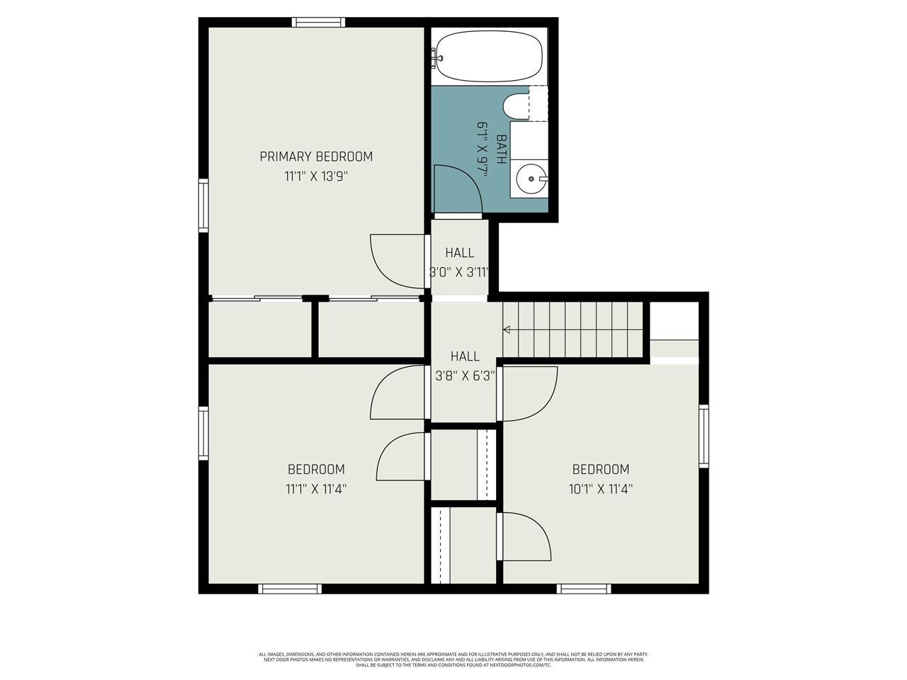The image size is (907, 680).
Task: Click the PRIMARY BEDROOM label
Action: click(x=316, y=157)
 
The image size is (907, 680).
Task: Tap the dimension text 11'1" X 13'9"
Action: click(x=316, y=176)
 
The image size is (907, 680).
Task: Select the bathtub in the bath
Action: click(x=489, y=57)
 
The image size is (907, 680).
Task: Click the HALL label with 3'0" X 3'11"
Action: click(x=460, y=253)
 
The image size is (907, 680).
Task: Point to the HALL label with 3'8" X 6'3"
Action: click(x=465, y=356)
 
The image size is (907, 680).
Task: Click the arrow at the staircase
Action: click(x=507, y=329)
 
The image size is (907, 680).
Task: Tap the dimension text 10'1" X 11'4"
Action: click(x=600, y=489)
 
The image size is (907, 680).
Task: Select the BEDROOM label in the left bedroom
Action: click(x=316, y=469)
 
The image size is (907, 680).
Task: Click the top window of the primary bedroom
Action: click(x=319, y=22)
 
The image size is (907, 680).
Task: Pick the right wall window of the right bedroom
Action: click(x=704, y=436)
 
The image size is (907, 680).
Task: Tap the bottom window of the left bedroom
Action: click(x=290, y=589)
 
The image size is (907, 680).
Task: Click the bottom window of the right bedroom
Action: click(x=584, y=589)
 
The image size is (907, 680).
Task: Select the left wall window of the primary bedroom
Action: click(x=203, y=205)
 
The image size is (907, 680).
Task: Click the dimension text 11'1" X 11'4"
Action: click(x=316, y=489)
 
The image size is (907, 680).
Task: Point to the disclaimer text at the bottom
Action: click(x=453, y=659)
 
